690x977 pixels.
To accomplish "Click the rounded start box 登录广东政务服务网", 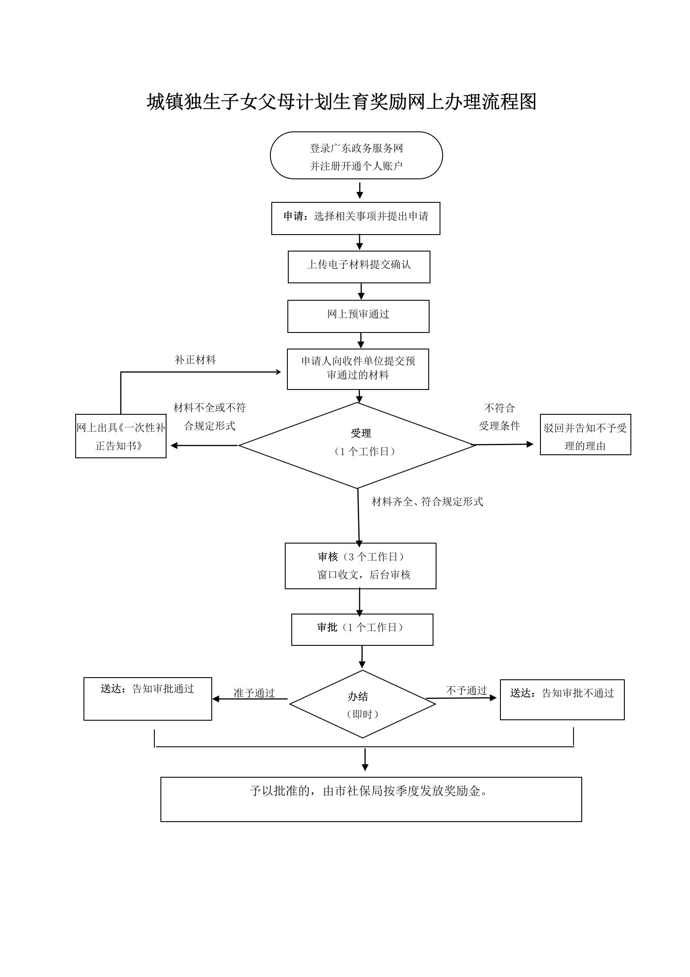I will pyautogui.click(x=356, y=156).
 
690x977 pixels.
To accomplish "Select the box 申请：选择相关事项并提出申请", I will pyautogui.click(x=356, y=218).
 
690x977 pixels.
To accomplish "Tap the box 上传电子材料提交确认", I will pyautogui.click(x=359, y=266).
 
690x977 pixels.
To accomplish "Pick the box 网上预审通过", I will pyautogui.click(x=358, y=316).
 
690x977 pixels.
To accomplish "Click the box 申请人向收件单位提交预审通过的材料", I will pyautogui.click(x=358, y=369).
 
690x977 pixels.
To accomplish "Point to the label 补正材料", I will pyautogui.click(x=195, y=360).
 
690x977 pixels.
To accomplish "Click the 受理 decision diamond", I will pyautogui.click(x=357, y=445).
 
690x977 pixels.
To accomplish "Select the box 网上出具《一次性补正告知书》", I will pyautogui.click(x=121, y=436).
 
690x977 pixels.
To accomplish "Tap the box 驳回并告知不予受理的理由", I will pyautogui.click(x=585, y=435).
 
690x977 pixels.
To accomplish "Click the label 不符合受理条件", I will pyautogui.click(x=499, y=417).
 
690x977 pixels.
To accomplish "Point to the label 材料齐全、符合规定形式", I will pyautogui.click(x=427, y=502).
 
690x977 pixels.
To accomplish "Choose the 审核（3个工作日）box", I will pyautogui.click(x=360, y=566).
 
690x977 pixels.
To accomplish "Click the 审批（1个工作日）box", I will pyautogui.click(x=362, y=629).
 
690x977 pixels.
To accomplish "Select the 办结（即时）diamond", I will pyautogui.click(x=362, y=704).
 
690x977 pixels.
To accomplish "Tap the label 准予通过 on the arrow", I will pyautogui.click(x=254, y=693).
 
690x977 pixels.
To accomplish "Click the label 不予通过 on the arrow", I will pyautogui.click(x=466, y=690).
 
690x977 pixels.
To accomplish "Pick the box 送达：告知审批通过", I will pyautogui.click(x=147, y=698).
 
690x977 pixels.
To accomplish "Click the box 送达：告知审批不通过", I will pyautogui.click(x=562, y=699).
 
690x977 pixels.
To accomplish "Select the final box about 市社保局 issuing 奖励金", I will pyautogui.click(x=371, y=799).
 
